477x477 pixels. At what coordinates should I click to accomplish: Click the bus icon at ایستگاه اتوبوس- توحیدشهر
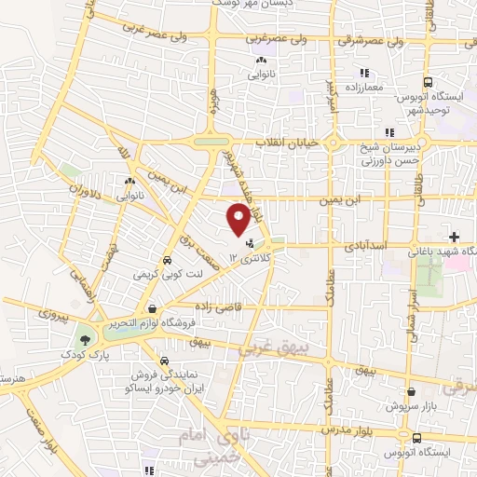(427, 82)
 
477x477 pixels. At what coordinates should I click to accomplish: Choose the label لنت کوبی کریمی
(169, 277)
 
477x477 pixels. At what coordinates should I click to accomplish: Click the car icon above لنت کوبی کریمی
(168, 261)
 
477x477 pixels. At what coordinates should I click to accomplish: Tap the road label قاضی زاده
(217, 305)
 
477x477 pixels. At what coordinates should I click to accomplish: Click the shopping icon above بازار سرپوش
(410, 392)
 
